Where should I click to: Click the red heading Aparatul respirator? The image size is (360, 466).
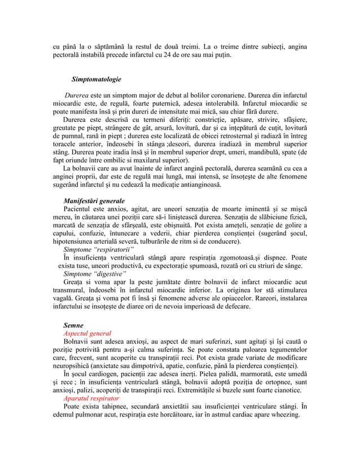pyautogui.click(x=91, y=398)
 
